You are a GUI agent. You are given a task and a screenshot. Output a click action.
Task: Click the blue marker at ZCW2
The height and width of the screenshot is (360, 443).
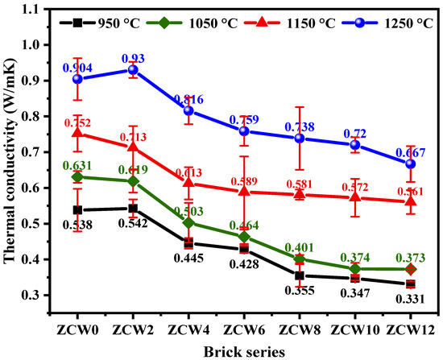click(133, 70)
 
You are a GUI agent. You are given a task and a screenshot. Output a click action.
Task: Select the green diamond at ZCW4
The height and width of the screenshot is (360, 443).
click(188, 222)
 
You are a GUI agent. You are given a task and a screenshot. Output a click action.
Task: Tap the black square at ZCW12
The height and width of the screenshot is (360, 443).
click(411, 283)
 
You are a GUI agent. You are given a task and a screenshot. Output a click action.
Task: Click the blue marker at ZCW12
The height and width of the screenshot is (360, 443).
click(411, 163)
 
